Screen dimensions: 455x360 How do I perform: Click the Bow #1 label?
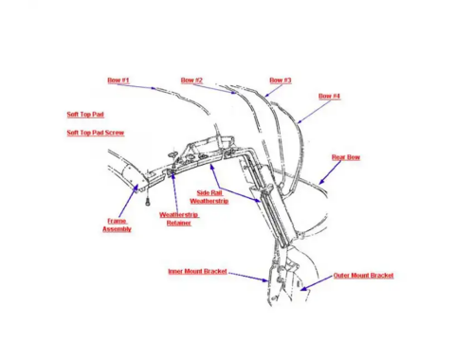118,81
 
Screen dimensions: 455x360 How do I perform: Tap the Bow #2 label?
191,81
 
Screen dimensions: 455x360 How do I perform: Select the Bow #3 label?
281,81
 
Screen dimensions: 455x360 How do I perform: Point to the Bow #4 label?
329,96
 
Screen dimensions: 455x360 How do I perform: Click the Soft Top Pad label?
85,115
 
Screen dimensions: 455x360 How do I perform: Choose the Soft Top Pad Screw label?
96,133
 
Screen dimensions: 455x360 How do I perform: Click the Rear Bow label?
346,157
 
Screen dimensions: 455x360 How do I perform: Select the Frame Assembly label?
117,225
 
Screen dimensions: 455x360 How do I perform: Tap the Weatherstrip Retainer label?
179,219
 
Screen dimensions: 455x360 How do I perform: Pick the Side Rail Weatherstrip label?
209,197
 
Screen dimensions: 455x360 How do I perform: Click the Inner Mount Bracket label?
197,272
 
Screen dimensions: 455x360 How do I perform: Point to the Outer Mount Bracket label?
363,276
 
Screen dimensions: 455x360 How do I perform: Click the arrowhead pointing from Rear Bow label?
320,182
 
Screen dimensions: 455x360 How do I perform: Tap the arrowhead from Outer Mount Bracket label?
303,288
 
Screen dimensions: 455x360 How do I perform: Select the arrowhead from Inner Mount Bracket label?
265,279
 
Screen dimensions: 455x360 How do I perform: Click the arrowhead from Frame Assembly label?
136,187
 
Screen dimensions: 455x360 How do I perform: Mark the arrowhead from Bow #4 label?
300,121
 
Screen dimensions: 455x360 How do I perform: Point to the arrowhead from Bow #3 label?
266,95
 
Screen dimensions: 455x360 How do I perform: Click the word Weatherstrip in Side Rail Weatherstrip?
209,201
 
